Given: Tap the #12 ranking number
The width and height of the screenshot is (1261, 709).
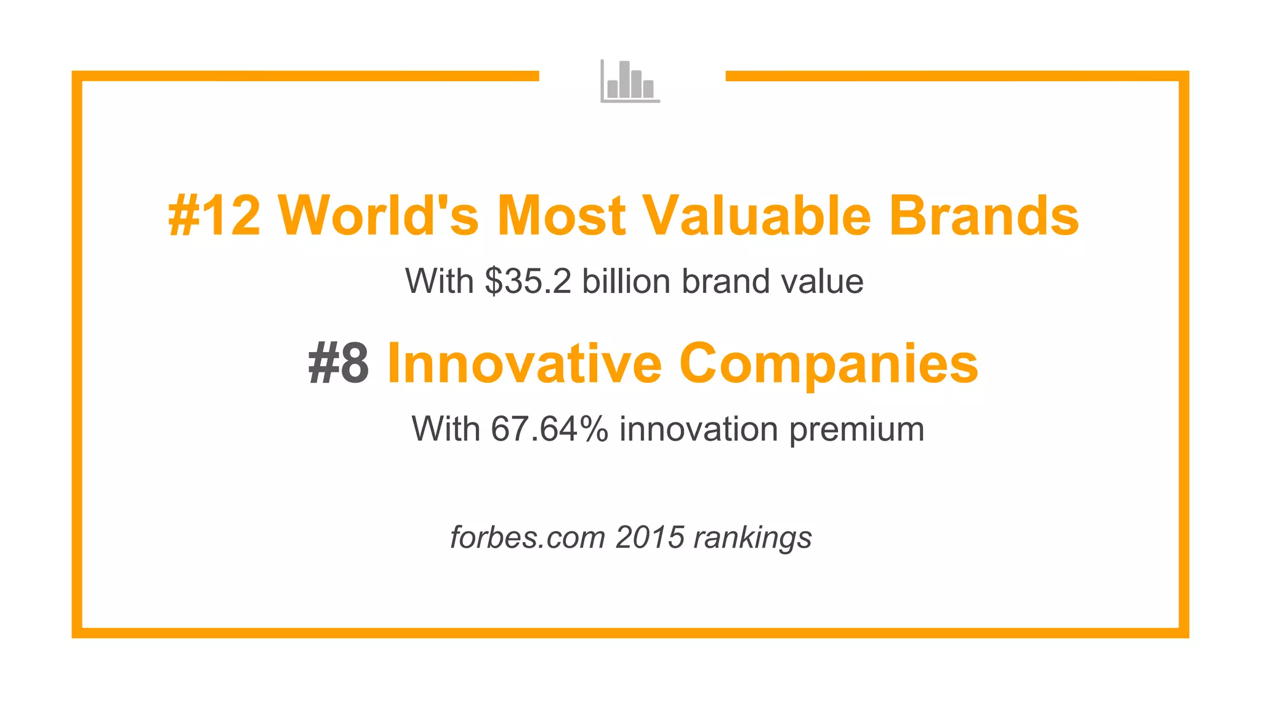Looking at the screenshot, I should click(214, 215).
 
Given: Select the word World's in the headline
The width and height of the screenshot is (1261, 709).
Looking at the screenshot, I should click(378, 215).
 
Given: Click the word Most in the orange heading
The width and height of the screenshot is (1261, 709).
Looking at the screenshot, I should click(561, 215).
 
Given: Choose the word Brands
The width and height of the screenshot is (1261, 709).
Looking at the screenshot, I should click(983, 215).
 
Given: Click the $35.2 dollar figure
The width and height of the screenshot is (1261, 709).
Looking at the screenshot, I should click(528, 281).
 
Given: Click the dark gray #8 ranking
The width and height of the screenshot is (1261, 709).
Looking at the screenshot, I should click(339, 364).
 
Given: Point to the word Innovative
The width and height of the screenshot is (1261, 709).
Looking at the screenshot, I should click(524, 364).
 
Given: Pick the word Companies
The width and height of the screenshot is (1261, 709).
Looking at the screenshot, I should click(828, 364).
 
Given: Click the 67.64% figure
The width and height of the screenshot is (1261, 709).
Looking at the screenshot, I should click(549, 429).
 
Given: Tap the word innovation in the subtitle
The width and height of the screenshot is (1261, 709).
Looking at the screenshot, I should click(699, 429).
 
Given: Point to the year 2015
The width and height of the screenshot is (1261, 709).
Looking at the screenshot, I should click(650, 537).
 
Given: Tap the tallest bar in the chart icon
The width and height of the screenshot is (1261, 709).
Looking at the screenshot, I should click(624, 79).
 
